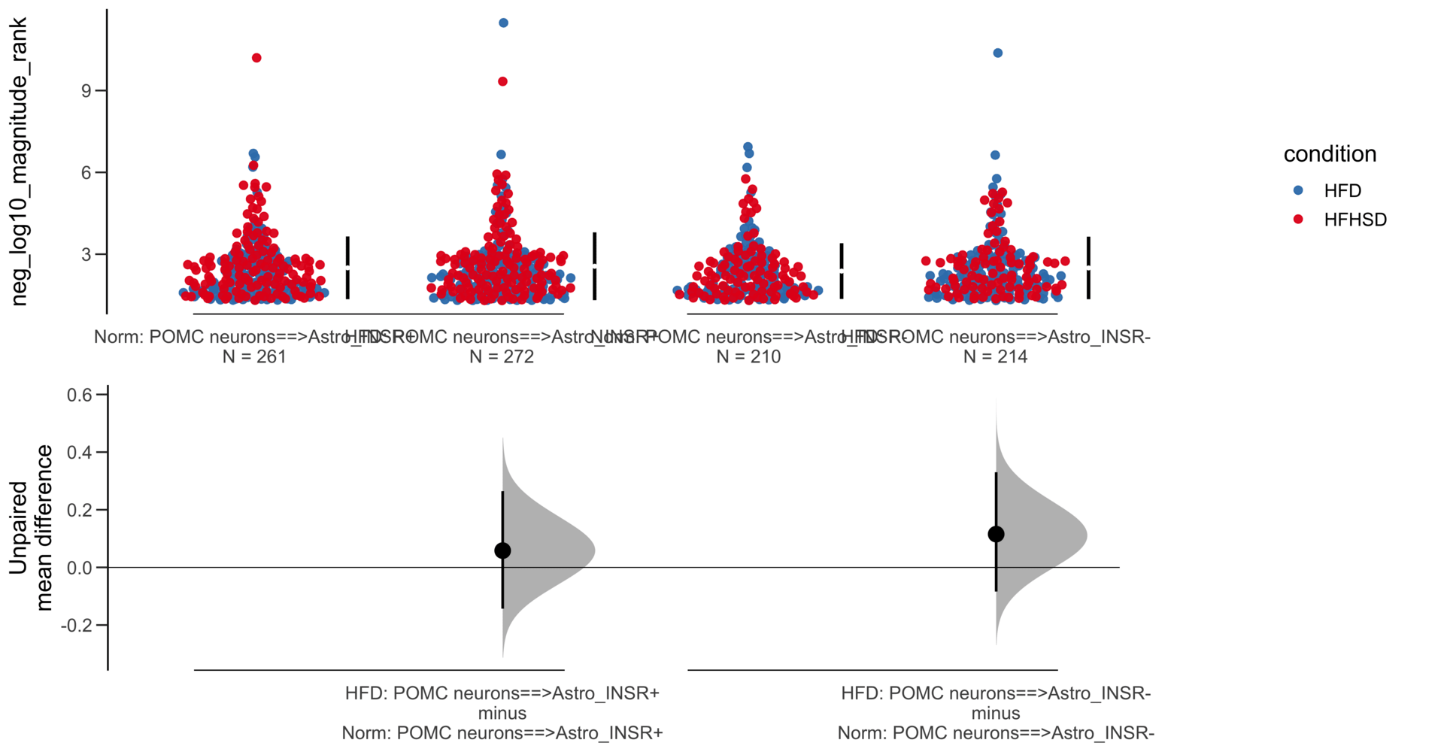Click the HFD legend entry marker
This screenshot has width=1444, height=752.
(1298, 191)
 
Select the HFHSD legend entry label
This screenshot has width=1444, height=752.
(1355, 220)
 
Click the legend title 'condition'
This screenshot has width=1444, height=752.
(1330, 154)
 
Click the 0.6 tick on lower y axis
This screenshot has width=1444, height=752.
(79, 395)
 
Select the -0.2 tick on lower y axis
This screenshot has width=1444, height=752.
(77, 625)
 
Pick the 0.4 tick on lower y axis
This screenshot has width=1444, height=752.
(79, 453)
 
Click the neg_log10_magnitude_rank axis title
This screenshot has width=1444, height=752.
(19, 162)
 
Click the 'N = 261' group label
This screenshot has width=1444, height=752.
(254, 356)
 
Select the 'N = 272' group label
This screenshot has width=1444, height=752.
(502, 356)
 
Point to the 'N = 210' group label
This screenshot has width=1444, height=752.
(748, 356)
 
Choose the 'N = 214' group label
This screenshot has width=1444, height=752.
(995, 356)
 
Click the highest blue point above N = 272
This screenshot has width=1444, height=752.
(504, 23)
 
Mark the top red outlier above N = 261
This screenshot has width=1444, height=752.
(256, 58)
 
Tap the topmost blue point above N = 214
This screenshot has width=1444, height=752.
(998, 53)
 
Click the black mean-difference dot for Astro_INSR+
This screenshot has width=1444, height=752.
(502, 551)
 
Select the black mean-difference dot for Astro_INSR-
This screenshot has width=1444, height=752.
(996, 534)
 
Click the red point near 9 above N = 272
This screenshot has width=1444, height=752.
(502, 81)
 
